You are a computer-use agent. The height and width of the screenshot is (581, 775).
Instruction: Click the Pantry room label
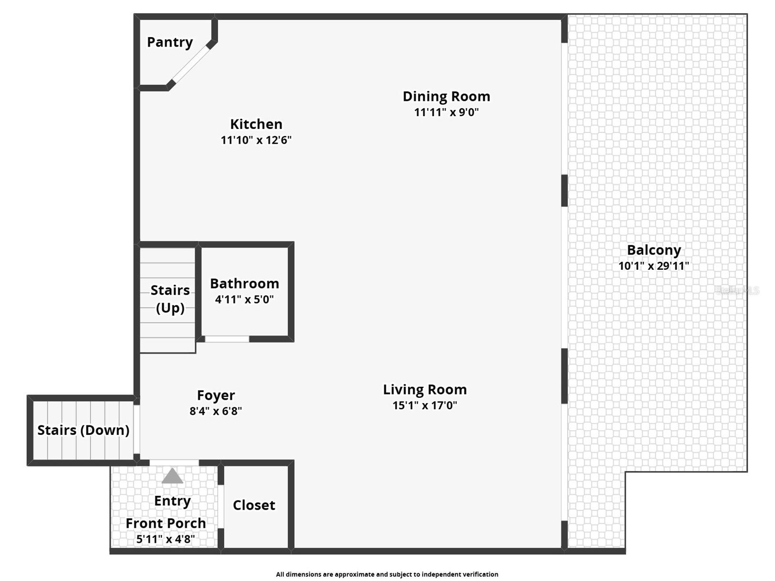169,42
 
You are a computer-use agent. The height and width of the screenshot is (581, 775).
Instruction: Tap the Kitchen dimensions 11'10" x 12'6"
256,140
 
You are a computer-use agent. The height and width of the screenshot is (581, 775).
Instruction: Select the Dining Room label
446,97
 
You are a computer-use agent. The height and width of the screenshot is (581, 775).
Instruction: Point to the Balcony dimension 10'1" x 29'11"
653,266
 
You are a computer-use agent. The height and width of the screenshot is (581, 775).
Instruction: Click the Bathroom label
244,284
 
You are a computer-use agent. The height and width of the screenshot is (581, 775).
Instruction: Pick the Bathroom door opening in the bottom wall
227,339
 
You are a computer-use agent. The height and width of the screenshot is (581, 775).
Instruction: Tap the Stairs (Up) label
170,299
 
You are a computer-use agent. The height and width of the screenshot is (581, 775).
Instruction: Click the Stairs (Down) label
83,430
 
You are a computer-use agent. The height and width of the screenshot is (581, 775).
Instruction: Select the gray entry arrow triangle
172,476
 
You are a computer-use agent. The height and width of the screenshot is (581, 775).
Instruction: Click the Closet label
254,505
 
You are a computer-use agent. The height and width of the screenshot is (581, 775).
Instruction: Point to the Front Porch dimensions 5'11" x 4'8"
165,539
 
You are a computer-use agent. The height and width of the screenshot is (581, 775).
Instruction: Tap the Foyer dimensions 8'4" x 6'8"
216,411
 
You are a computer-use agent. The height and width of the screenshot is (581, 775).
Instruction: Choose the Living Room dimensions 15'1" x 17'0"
425,405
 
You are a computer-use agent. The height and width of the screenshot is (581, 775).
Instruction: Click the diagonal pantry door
190,64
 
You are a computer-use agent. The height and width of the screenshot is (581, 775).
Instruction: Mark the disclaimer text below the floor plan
387,574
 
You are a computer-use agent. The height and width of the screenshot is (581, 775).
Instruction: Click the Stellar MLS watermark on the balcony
737,291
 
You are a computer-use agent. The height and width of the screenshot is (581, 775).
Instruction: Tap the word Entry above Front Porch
172,501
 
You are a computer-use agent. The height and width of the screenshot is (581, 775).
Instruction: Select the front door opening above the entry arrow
174,463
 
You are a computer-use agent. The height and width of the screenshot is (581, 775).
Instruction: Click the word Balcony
654,250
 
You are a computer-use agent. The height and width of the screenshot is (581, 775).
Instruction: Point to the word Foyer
216,395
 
